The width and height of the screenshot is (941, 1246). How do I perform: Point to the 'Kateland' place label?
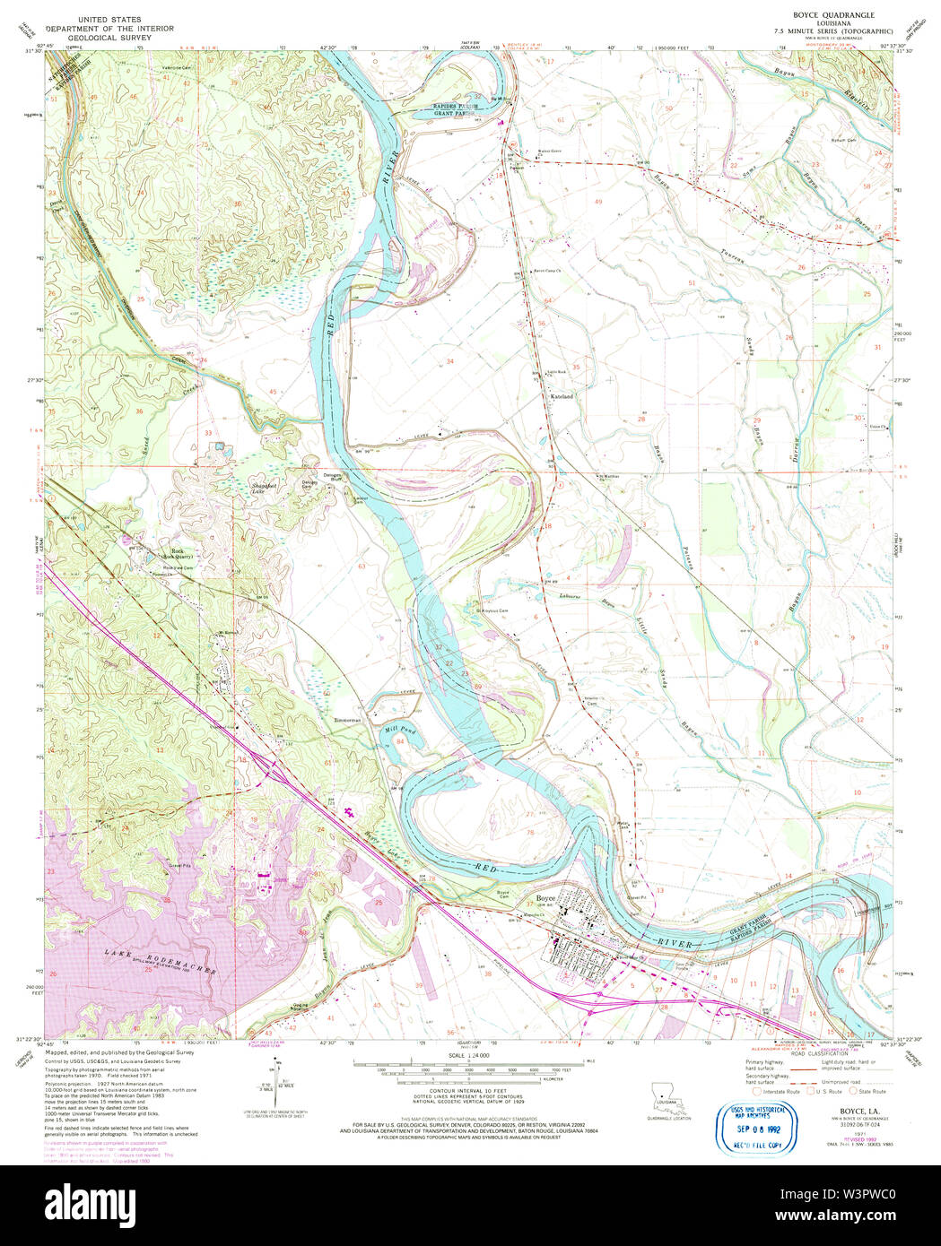[x=561, y=395]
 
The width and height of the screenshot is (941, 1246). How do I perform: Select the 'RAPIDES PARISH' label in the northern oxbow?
[x=457, y=107]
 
